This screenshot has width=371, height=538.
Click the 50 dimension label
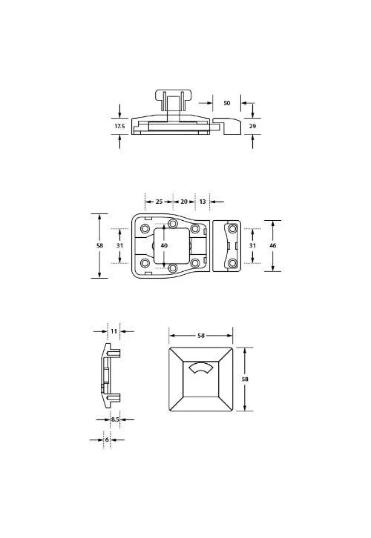click(x=226, y=102)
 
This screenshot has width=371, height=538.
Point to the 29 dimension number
click(x=253, y=127)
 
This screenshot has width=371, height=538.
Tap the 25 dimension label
click(x=159, y=202)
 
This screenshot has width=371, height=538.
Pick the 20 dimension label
click(x=184, y=202)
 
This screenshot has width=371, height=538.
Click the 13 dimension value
click(x=203, y=202)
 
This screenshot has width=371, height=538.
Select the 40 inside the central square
click(x=165, y=245)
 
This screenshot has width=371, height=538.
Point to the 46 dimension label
click(x=273, y=245)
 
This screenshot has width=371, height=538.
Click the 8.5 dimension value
click(x=115, y=419)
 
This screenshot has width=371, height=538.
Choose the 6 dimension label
click(x=107, y=439)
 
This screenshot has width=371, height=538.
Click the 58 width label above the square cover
click(x=201, y=336)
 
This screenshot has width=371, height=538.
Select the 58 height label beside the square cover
click(x=246, y=379)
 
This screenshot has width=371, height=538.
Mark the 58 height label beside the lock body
click(x=100, y=245)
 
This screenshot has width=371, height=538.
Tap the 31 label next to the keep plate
click(x=252, y=245)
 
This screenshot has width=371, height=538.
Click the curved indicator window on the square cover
click(x=201, y=368)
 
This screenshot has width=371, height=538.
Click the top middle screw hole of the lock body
click(x=174, y=223)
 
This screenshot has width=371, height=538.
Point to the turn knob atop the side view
click(x=173, y=98)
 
